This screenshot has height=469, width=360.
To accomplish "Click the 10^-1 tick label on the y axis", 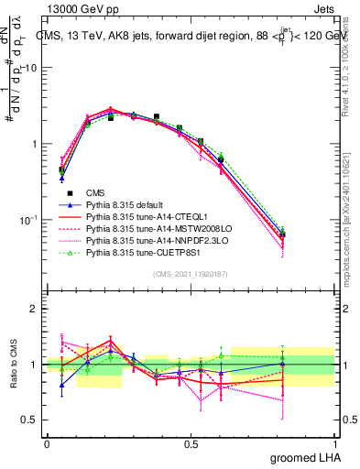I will click(28, 221).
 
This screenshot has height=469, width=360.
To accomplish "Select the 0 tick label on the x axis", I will click(47, 443).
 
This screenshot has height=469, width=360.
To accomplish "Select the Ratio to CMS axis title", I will click(14, 365).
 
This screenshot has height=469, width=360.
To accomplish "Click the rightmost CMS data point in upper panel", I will click(282, 234).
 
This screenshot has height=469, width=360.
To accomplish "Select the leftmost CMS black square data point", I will click(61, 169).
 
